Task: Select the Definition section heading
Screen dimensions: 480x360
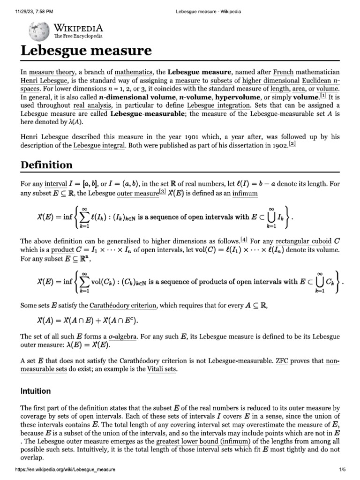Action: (46, 165)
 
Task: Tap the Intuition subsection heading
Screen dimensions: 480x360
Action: (36, 390)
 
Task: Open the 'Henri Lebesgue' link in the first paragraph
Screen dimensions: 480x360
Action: (41, 81)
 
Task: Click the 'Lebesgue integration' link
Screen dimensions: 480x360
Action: (219, 105)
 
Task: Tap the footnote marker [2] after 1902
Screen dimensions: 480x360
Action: (292, 145)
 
